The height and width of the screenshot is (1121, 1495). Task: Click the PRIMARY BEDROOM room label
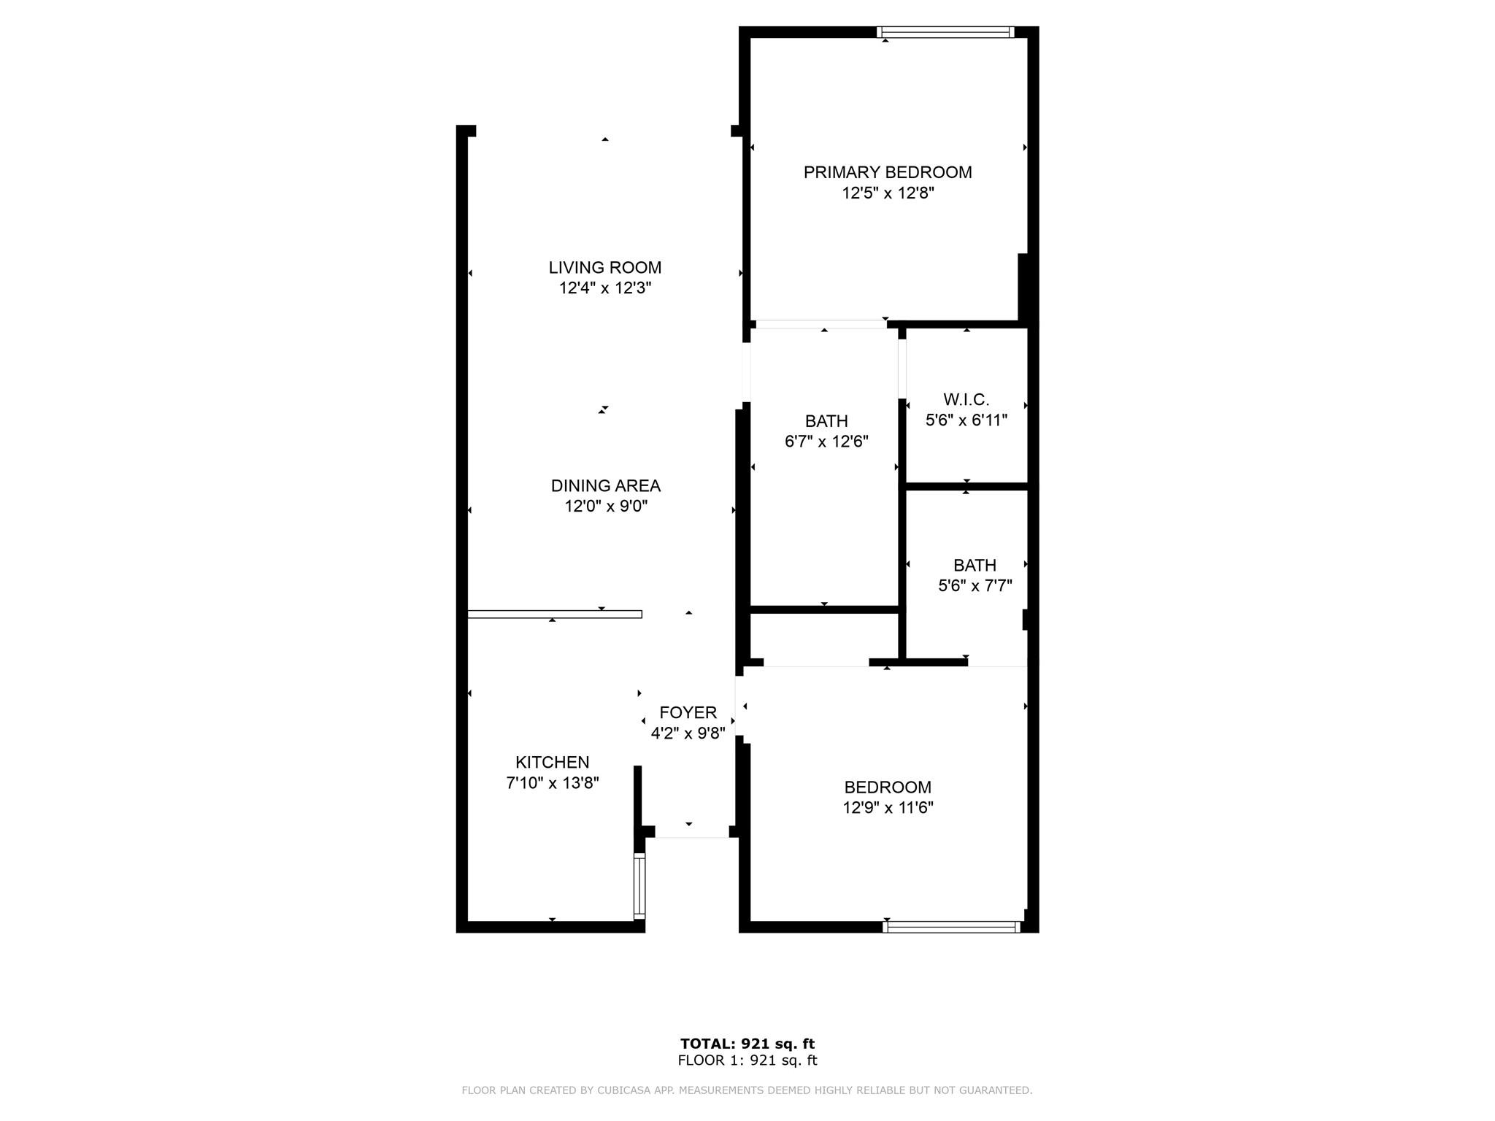pos(888,172)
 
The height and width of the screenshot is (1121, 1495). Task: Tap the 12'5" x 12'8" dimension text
pos(888,193)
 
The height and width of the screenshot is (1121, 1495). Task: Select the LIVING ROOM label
pos(605,267)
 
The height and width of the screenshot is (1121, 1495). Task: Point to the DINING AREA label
pos(606,485)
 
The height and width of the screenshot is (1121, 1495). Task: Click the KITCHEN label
pos(553,762)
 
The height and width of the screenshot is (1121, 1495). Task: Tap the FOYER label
pos(688,712)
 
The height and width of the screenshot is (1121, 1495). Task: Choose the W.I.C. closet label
pos(966,399)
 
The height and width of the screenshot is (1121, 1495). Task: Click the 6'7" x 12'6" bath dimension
pos(826,442)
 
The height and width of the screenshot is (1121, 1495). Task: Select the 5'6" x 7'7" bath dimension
pos(975,585)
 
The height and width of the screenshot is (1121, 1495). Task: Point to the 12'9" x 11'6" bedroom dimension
pos(888,807)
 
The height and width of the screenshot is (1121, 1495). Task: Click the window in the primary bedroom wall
pos(945,32)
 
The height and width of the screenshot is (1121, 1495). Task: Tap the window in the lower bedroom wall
pos(951,927)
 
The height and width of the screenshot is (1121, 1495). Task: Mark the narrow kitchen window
pos(639,886)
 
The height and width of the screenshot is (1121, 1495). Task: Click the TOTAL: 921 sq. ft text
pos(747,1044)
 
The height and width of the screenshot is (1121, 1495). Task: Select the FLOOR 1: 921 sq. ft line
pos(747,1060)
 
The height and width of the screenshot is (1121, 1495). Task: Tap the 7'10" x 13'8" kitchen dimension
pos(553,783)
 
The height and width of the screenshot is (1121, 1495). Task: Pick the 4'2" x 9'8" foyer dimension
pos(688,733)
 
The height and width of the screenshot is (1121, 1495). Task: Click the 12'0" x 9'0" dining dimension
pos(606,506)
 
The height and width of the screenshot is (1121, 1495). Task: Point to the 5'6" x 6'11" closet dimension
pos(966,420)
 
